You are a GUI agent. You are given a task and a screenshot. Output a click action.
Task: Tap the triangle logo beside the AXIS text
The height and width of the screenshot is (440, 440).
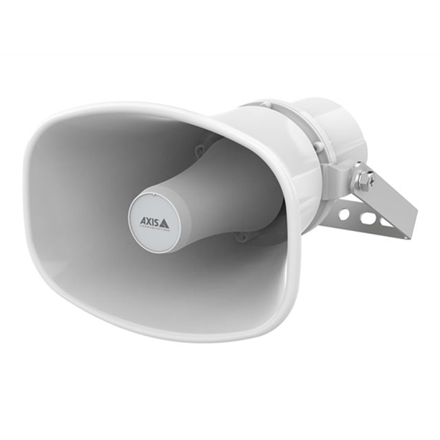point(164,221)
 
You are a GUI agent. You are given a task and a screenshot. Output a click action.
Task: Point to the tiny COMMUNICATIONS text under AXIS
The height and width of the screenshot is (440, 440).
point(155,228)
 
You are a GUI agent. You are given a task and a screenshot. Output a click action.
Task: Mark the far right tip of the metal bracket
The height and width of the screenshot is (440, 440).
point(415,220)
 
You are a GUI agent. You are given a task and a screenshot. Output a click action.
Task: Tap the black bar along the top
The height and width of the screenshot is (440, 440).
point(220,26)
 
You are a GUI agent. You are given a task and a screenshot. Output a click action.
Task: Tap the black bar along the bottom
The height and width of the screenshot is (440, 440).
point(220,412)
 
